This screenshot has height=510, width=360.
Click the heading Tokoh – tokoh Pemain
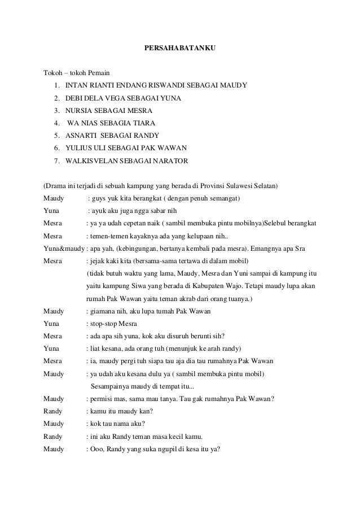click(77, 73)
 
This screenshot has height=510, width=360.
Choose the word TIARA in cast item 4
click(143, 123)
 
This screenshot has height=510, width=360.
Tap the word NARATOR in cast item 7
click(171, 160)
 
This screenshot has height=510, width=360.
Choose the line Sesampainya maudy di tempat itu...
click(142, 387)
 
